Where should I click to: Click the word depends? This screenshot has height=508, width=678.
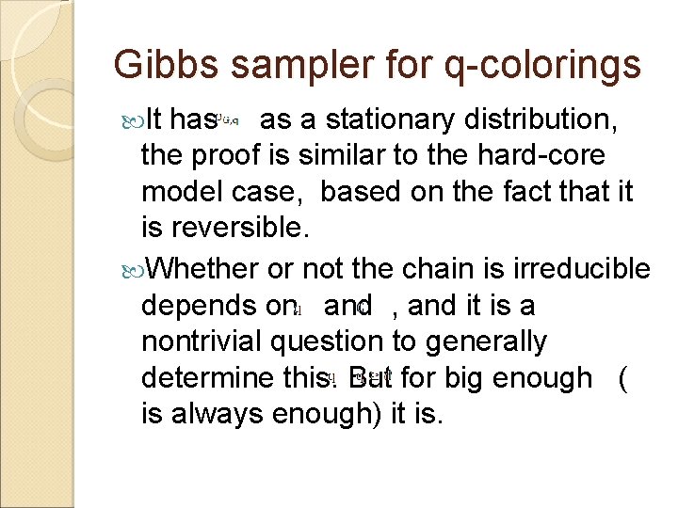click(199, 307)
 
